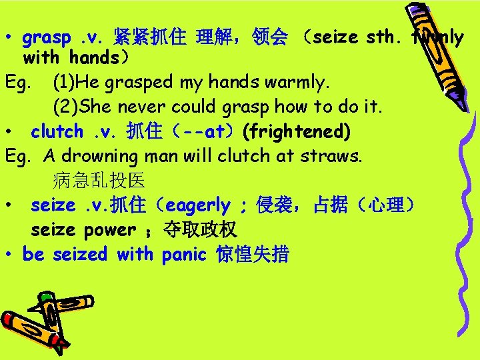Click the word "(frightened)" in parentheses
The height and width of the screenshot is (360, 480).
click(296, 132)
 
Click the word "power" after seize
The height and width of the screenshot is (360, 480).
click(109, 230)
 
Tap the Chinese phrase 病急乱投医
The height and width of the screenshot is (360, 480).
click(98, 180)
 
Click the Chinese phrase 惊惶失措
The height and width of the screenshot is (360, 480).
click(253, 254)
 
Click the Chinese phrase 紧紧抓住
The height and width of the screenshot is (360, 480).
click(149, 37)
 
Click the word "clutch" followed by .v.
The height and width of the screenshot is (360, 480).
click(57, 132)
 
